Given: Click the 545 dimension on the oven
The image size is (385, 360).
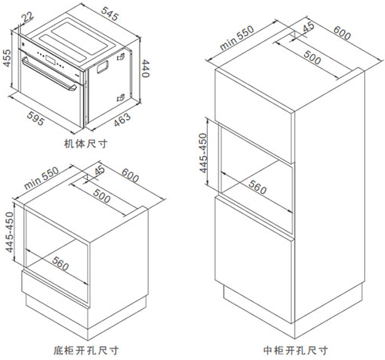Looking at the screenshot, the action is tap(110, 13).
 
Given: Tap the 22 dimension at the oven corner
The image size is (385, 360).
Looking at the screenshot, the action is tap(27, 17).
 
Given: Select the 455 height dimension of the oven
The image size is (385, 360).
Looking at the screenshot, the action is tap(7, 58).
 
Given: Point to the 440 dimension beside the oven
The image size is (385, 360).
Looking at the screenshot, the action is tap(145, 69).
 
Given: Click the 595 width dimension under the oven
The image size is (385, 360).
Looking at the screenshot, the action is tap(35, 118).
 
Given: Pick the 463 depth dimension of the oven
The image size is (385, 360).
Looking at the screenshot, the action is tap(122, 120).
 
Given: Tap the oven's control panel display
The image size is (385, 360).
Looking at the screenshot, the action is tap(50, 59).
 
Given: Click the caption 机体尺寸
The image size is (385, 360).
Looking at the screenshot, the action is tap(86, 144).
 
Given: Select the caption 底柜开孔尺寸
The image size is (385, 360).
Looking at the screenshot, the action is tap(86, 350).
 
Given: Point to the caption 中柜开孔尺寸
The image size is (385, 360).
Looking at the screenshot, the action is tap(296, 350).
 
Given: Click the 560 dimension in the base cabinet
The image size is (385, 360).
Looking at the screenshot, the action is tap(60, 263).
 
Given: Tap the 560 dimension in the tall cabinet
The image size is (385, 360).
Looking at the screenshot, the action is tap(258, 187).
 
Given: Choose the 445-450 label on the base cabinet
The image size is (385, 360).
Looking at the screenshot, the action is tap(9, 232).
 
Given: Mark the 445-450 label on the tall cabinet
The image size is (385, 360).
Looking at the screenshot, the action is tap(203, 153).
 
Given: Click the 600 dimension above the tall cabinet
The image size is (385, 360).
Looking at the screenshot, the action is tap(342, 32).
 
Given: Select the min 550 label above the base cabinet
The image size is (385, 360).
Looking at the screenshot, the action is tap(42, 178).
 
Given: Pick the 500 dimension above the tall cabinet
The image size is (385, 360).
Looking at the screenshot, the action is tap(312, 57).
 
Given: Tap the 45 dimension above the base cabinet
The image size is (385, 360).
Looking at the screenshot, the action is tap(100, 170).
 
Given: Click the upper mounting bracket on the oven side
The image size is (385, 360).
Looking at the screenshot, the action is tap(121, 56).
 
